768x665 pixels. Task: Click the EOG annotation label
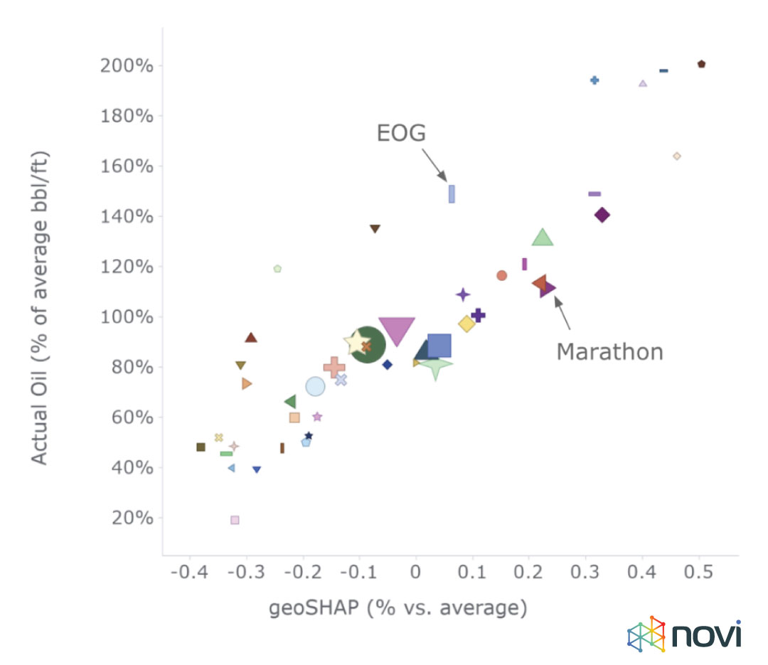pyautogui.click(x=400, y=133)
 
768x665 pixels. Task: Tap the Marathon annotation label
pyautogui.click(x=609, y=351)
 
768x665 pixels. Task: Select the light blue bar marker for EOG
pyautogui.click(x=452, y=193)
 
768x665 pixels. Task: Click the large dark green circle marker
pyautogui.click(x=367, y=344)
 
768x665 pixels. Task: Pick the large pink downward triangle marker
pyautogui.click(x=397, y=330)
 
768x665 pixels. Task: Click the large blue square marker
pyautogui.click(x=439, y=346)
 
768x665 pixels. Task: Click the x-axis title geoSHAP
pyautogui.click(x=398, y=609)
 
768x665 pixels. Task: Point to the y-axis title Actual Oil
pyautogui.click(x=41, y=307)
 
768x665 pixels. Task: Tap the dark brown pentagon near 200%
pyautogui.click(x=701, y=64)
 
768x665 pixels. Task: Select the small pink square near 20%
pyautogui.click(x=235, y=520)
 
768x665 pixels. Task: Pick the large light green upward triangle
pyautogui.click(x=543, y=238)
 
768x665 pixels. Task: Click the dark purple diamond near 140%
pyautogui.click(x=602, y=215)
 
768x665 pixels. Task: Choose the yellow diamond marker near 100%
pyautogui.click(x=466, y=324)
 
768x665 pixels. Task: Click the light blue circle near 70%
pyautogui.click(x=315, y=386)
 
